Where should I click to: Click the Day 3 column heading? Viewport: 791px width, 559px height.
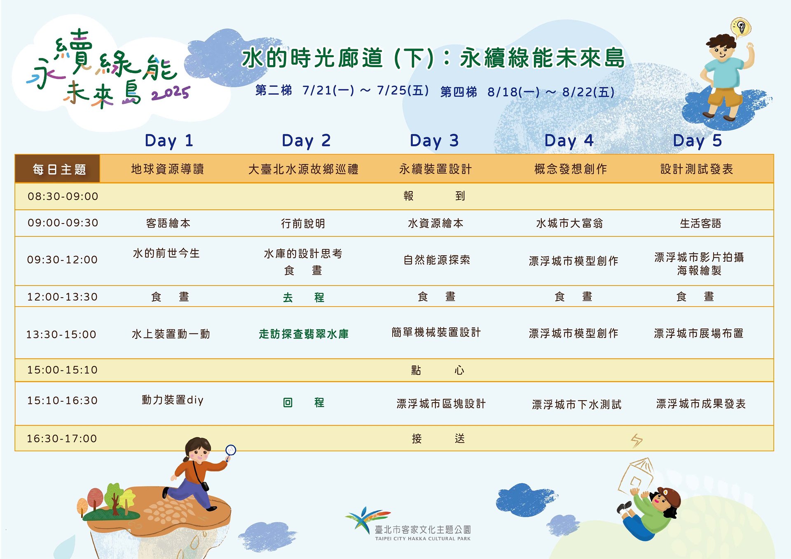tap(434, 141)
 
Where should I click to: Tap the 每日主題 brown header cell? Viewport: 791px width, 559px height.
tap(58, 169)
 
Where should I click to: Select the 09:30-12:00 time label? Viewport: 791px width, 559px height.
tap(62, 260)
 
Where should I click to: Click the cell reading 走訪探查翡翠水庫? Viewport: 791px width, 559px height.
tap(304, 334)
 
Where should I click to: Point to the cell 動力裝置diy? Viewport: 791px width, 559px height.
tap(173, 400)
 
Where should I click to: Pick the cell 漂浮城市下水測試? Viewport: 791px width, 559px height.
tap(576, 405)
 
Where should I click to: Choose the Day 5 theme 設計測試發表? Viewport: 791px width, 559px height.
tap(697, 169)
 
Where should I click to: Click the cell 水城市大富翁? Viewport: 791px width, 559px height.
tap(569, 224)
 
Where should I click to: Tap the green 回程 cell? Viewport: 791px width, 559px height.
tap(304, 403)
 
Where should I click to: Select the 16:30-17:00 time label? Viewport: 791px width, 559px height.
tap(62, 438)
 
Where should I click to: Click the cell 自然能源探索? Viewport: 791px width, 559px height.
tap(437, 260)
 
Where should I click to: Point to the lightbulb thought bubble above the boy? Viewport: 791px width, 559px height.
tap(741, 28)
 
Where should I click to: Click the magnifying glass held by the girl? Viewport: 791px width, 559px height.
tap(230, 451)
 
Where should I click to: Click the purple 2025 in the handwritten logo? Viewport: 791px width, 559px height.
tap(171, 93)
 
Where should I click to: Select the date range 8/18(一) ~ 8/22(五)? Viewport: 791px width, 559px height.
tap(551, 92)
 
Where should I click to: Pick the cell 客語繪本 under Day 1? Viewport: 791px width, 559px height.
tap(168, 224)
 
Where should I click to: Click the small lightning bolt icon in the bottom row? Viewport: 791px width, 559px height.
tap(637, 440)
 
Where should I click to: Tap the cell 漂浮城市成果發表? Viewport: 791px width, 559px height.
tap(701, 404)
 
